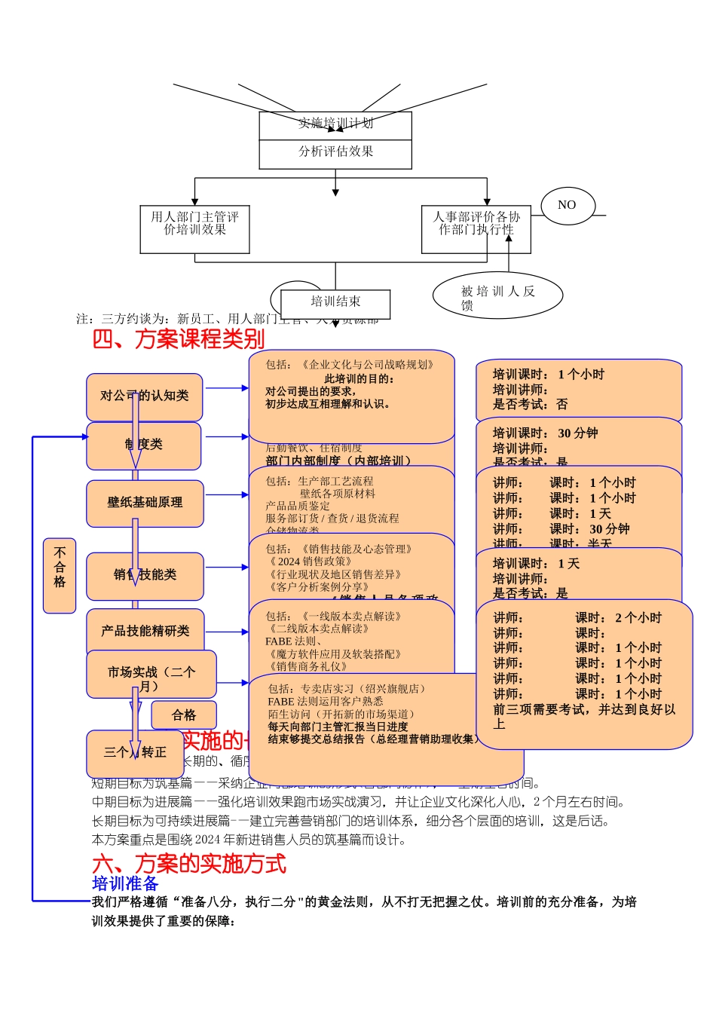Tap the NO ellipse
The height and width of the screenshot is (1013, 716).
[568, 205]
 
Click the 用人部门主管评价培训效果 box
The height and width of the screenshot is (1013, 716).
[194, 229]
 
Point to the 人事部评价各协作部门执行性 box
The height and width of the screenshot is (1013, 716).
[476, 229]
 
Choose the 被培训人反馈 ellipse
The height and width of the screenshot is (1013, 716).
[497, 295]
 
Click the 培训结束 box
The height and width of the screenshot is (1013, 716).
[335, 303]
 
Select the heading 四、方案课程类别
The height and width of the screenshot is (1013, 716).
[179, 339]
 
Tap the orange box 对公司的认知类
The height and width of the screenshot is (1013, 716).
[145, 396]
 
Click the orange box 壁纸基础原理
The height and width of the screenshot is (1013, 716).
[145, 503]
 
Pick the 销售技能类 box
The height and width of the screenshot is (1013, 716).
[145, 575]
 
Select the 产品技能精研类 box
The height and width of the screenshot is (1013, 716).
[145, 631]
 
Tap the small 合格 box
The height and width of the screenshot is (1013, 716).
[184, 715]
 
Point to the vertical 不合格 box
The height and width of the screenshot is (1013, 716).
[60, 575]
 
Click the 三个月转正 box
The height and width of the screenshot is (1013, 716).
[136, 752]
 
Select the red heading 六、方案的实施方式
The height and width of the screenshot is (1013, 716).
[189, 864]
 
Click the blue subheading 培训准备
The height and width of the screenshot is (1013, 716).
[125, 883]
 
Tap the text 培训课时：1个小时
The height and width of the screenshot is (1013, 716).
[548, 375]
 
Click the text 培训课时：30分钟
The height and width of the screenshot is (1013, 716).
[545, 433]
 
